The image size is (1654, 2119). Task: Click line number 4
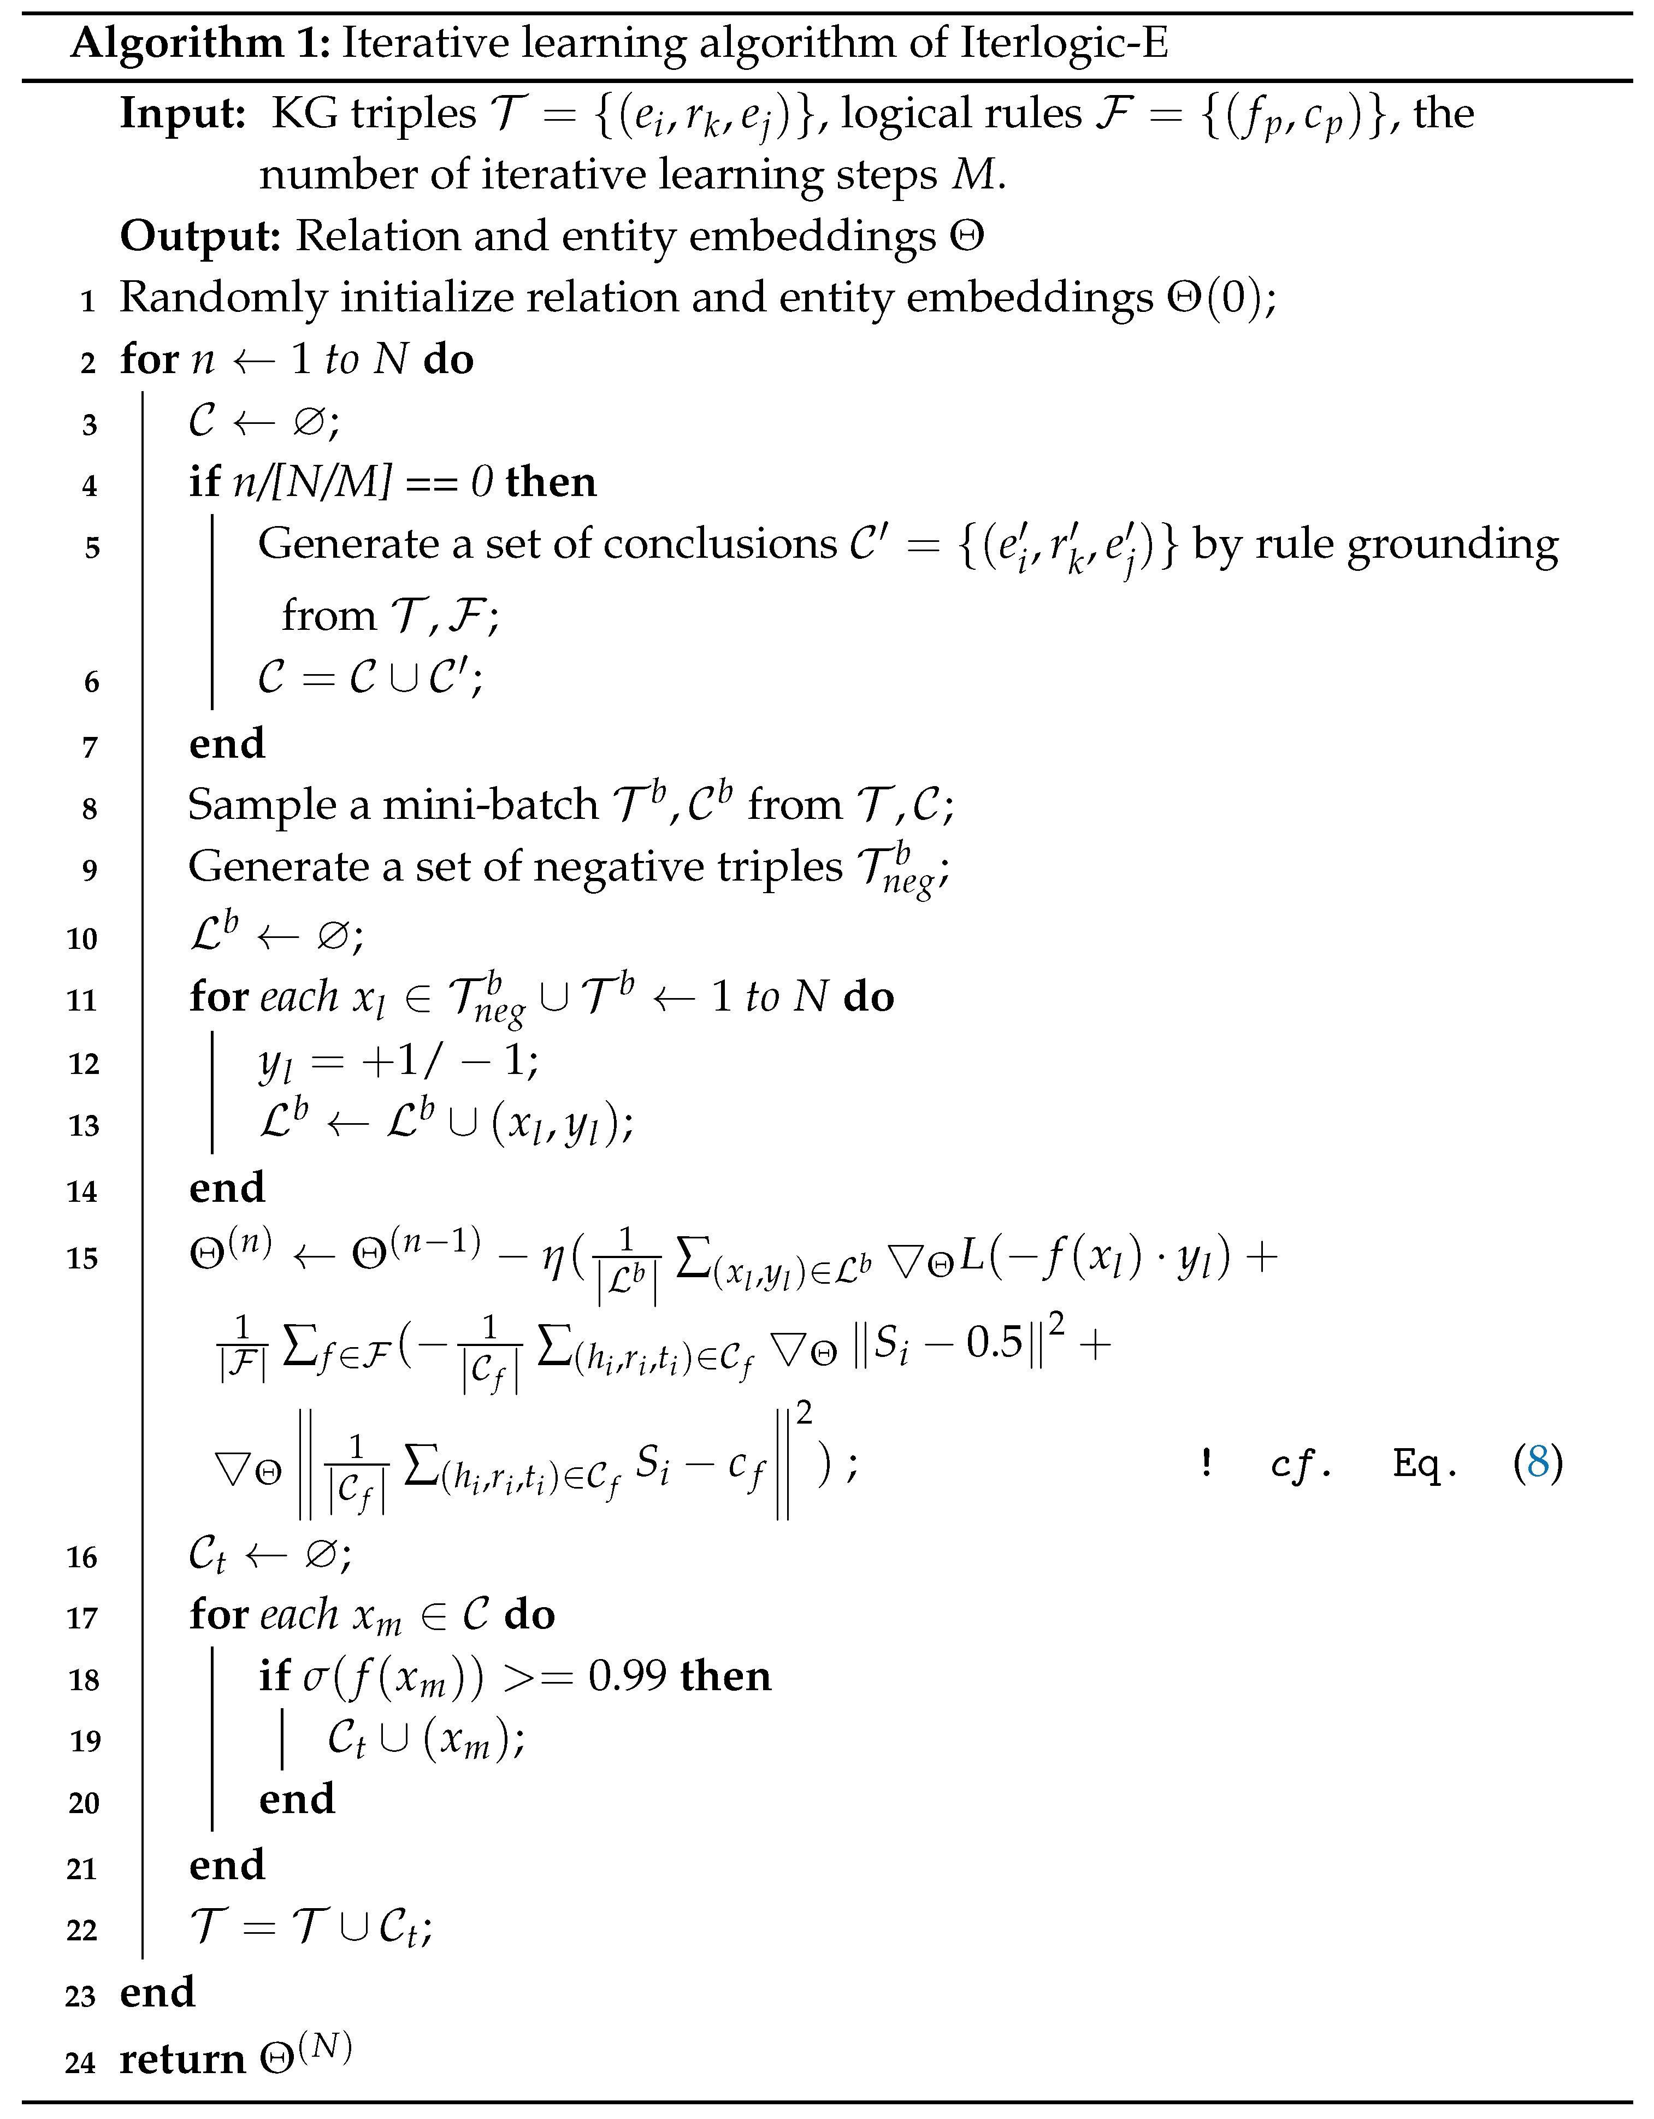tap(89, 485)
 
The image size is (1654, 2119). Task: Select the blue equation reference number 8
tap(1538, 1461)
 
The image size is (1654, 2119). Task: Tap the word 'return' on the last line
tap(182, 2059)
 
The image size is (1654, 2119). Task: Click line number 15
tap(82, 1259)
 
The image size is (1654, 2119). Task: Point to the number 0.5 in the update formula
tap(994, 1343)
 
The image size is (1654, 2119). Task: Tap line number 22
tap(82, 1931)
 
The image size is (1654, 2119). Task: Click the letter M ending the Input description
tap(973, 175)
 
